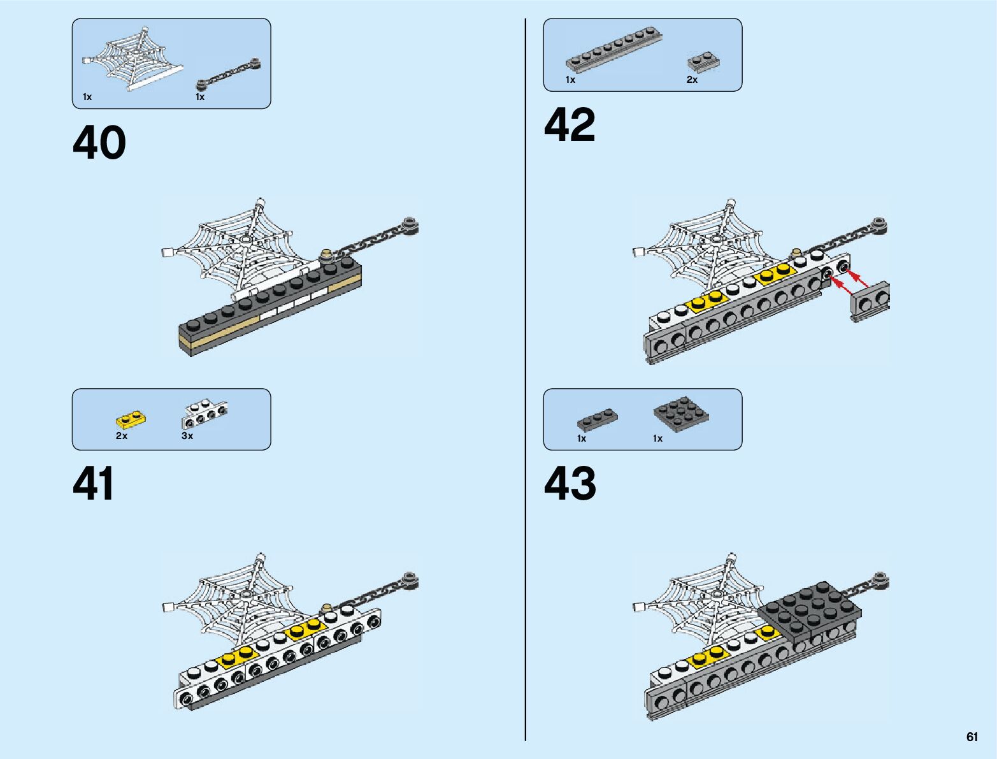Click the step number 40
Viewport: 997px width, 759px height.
click(x=99, y=143)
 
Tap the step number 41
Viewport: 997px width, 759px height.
click(x=94, y=484)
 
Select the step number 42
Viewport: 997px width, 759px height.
click(x=570, y=125)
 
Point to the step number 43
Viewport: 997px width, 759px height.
click(x=570, y=484)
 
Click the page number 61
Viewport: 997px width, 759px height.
click(x=972, y=737)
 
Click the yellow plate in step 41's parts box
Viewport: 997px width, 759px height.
click(x=131, y=420)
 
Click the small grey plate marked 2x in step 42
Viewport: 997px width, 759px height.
click(x=703, y=62)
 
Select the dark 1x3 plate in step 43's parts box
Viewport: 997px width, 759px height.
click(x=597, y=419)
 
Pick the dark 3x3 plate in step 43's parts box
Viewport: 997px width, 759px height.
click(x=681, y=414)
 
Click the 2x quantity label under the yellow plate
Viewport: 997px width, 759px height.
click(x=122, y=436)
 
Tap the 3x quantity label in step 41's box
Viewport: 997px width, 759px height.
click(x=187, y=436)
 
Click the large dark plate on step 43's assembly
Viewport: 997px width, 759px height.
click(x=810, y=608)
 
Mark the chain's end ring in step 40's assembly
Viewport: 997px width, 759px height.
click(x=409, y=225)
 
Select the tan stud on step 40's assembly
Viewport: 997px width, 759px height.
click(x=327, y=255)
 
